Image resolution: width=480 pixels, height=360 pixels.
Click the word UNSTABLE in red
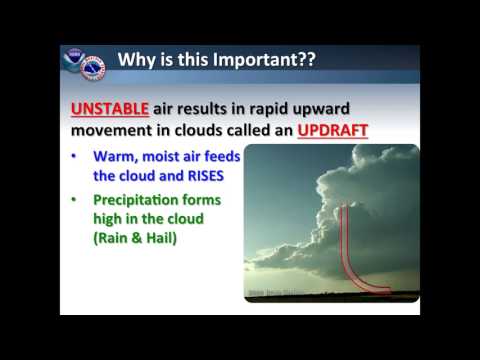coord(107,108)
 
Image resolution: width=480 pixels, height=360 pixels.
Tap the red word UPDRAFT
coord(340,130)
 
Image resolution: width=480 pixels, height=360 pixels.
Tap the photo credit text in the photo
coord(273,293)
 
